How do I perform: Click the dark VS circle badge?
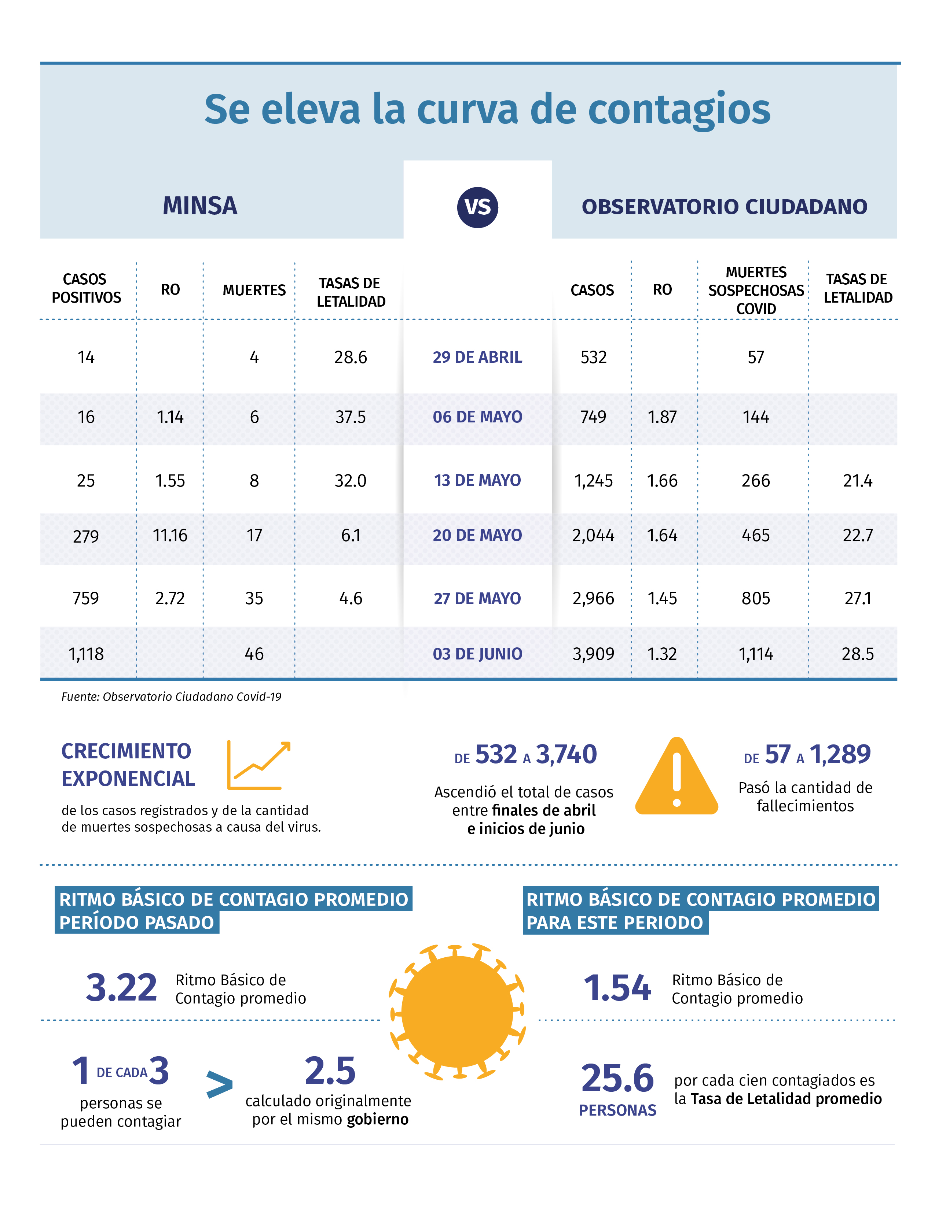tap(477, 207)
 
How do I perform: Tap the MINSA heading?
tap(200, 206)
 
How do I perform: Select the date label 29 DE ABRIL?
tap(477, 357)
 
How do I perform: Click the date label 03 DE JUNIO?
tap(477, 654)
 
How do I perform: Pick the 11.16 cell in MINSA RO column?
tap(170, 535)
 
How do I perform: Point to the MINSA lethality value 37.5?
tap(351, 417)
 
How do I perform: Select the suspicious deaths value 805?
tap(756, 598)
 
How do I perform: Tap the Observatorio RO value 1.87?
tap(663, 417)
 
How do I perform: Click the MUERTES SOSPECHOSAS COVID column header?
tap(756, 291)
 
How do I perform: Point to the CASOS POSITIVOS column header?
tap(87, 288)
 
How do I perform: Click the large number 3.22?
tap(121, 988)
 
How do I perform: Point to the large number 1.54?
tap(617, 988)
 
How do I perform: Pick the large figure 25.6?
tap(617, 1078)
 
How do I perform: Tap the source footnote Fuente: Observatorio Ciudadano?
tap(171, 696)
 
